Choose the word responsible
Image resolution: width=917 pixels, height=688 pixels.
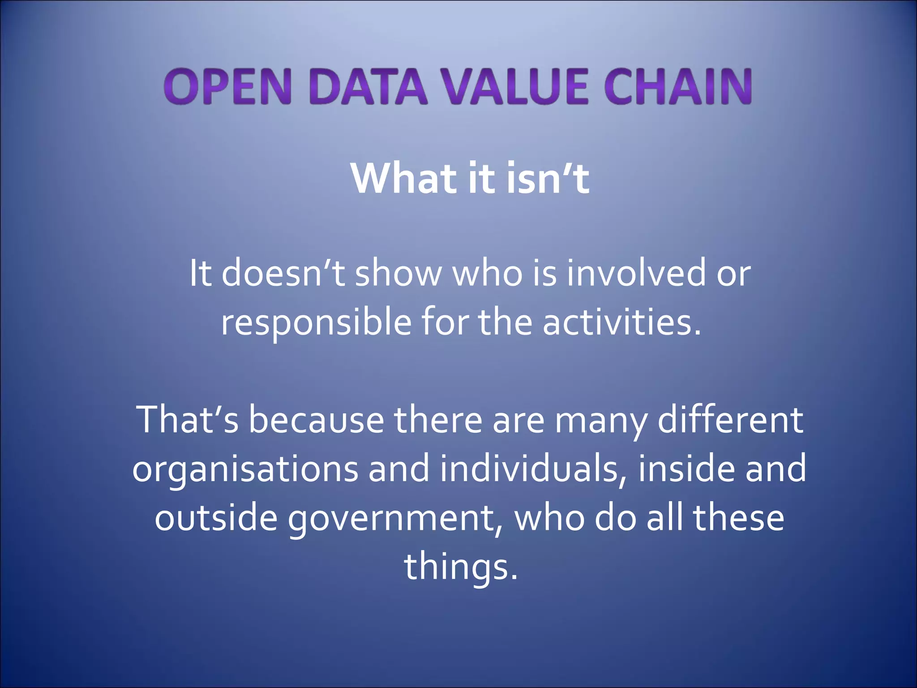coord(316,322)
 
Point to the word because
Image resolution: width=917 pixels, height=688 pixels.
coord(316,420)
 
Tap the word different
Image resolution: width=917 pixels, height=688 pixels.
coord(730,420)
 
